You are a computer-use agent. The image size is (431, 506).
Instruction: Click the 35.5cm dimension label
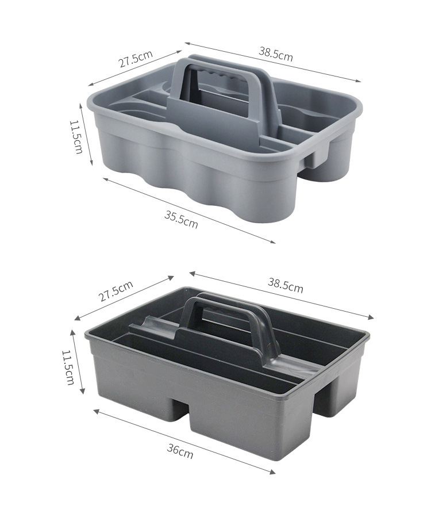181,219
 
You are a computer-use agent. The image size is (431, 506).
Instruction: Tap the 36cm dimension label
180,451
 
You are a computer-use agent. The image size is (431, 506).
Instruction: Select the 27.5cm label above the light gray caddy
136,59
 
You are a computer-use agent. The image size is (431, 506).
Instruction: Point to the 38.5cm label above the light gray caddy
276,54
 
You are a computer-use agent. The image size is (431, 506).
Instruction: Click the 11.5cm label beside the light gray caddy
76,137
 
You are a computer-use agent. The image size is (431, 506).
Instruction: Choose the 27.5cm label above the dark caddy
116,291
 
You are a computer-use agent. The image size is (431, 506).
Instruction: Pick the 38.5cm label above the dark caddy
286,286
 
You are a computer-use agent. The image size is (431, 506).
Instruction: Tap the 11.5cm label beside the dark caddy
68,367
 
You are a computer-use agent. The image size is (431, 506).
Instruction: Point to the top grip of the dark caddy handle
226,306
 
